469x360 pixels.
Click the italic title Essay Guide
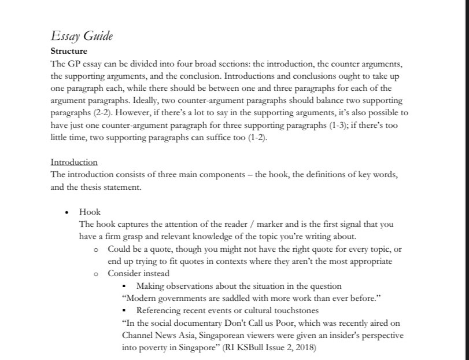[82, 36]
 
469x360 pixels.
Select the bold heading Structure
[69, 52]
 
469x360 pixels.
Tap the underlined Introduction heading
[74, 162]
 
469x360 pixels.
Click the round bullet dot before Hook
[68, 212]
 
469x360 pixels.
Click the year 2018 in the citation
[306, 348]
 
